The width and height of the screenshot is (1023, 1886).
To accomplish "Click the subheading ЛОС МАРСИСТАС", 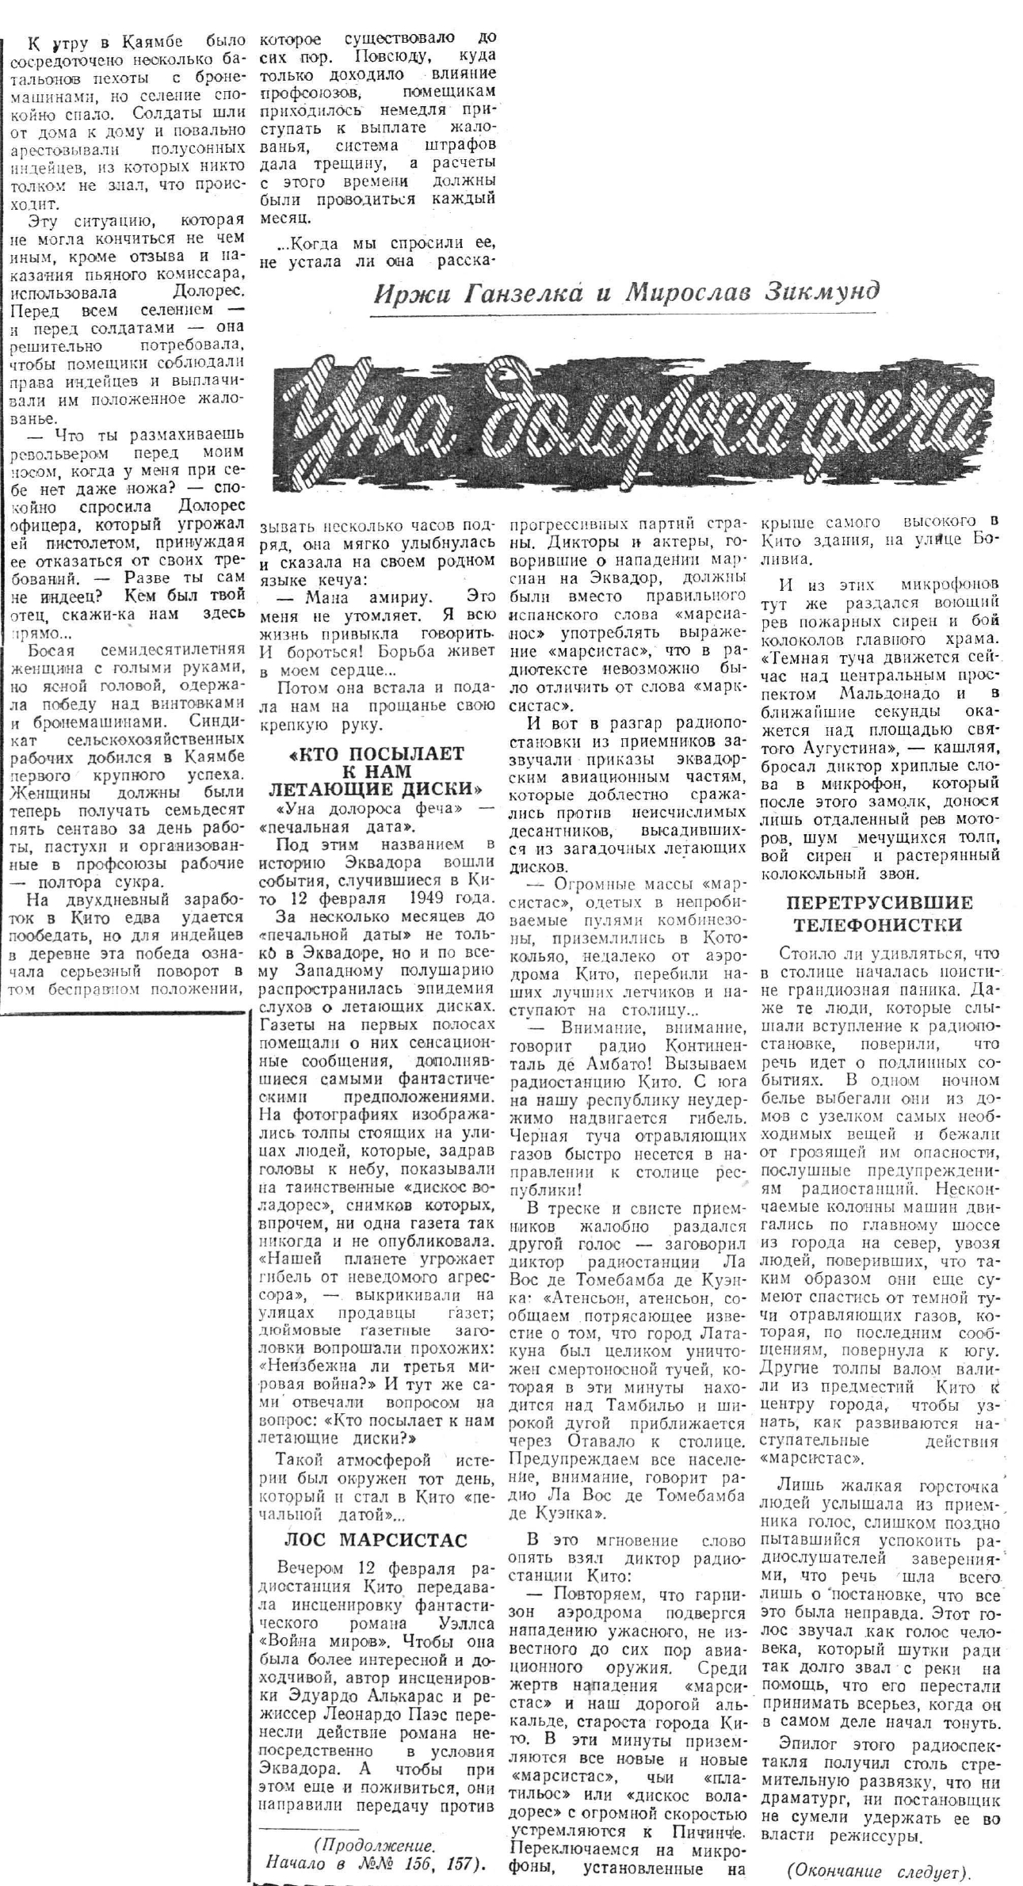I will tap(376, 1540).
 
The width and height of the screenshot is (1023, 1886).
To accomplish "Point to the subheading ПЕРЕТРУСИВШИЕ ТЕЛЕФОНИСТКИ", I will tap(879, 913).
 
